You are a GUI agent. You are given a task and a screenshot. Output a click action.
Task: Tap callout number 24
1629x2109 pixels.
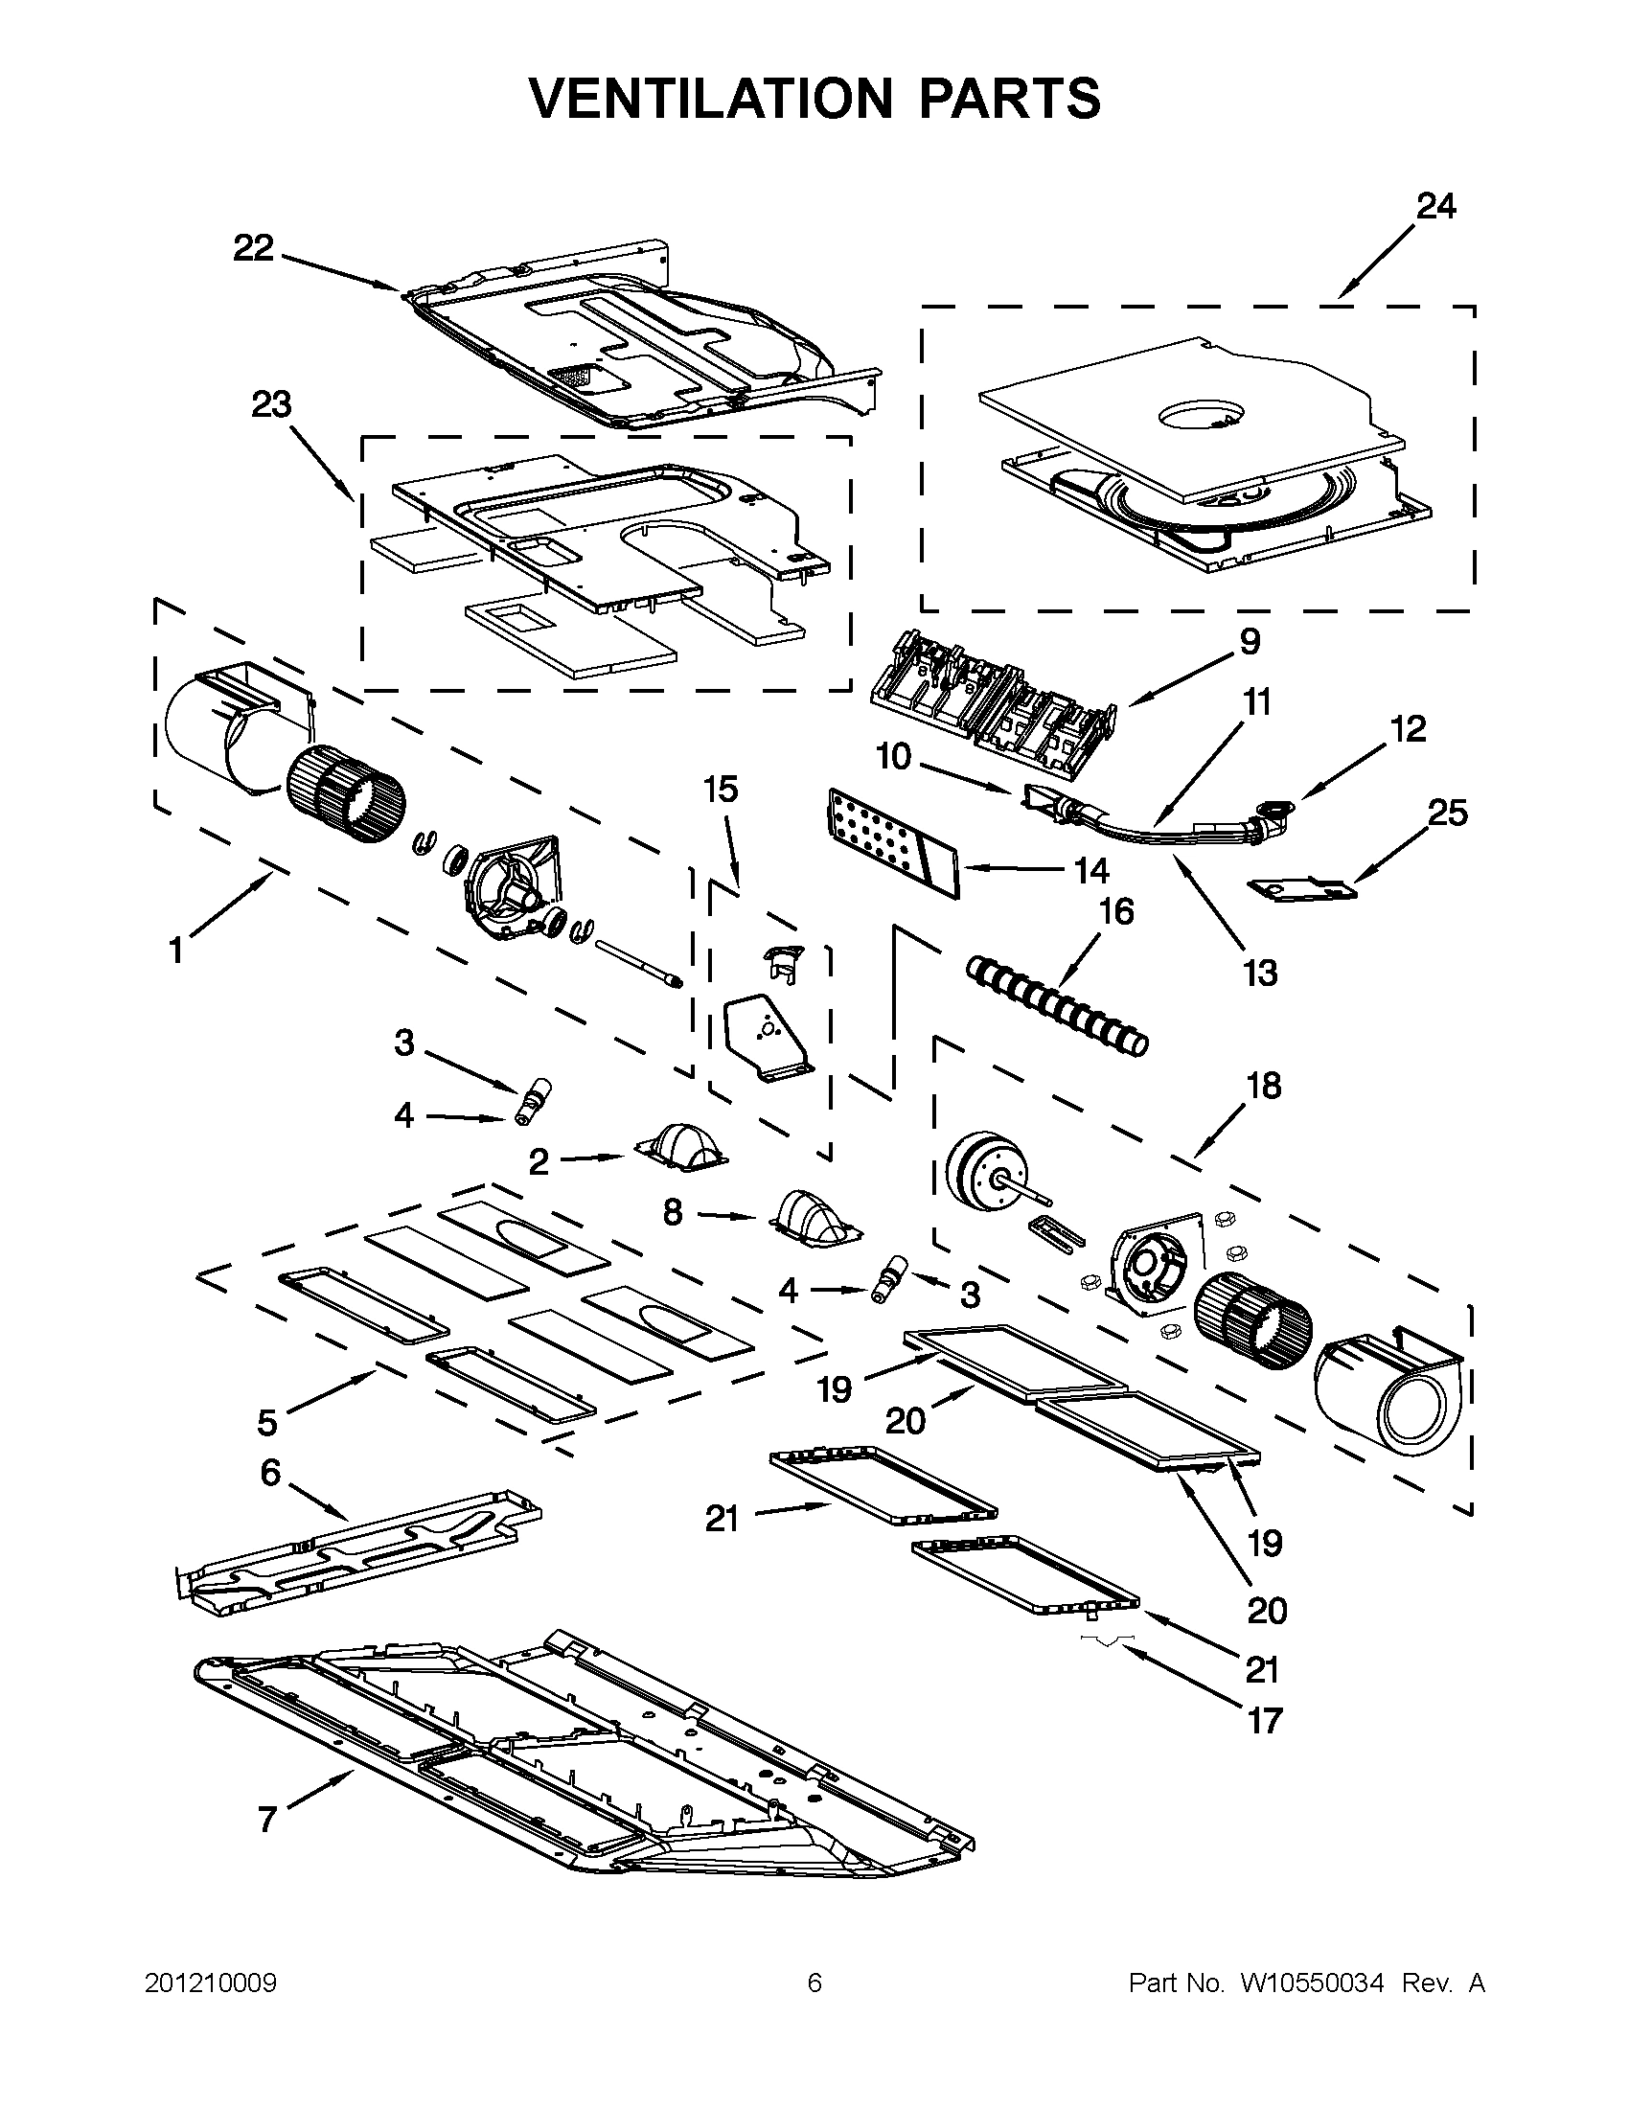pos(1435,206)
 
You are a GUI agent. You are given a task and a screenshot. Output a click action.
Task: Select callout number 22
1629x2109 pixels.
pos(254,249)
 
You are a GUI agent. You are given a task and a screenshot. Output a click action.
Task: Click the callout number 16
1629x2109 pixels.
pos(1116,911)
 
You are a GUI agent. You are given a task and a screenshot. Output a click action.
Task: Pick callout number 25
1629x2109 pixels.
pos(1447,814)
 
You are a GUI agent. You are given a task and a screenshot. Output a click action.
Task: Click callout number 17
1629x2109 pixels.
pos(1264,1721)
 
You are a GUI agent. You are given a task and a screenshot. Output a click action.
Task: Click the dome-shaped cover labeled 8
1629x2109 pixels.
pos(814,1215)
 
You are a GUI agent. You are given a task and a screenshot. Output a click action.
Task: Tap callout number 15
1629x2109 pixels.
pos(721,789)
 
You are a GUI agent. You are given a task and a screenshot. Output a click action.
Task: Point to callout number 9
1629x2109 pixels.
pos(1250,641)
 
